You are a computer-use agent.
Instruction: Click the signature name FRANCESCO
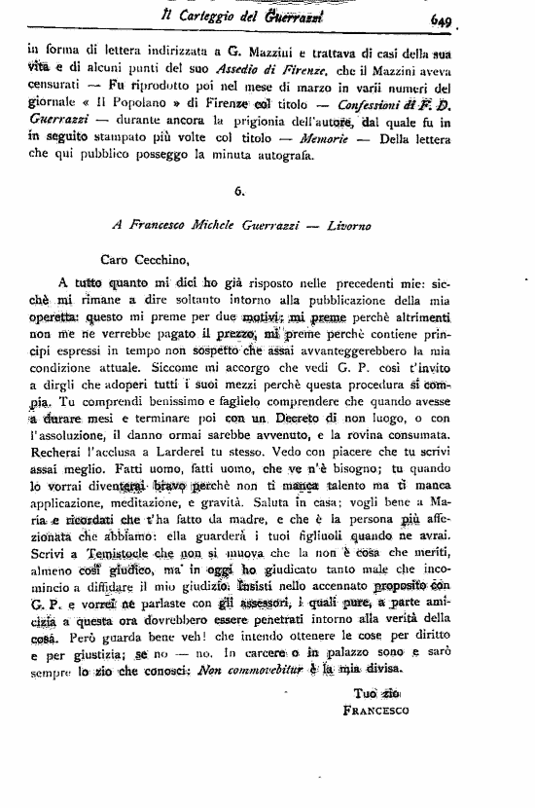(381, 712)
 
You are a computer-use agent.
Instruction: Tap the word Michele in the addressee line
(203, 224)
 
